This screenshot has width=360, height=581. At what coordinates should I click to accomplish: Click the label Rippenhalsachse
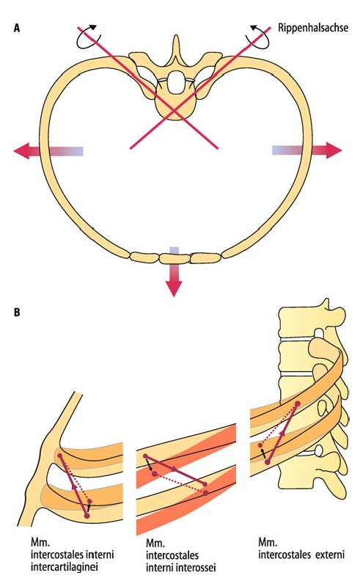(x=313, y=28)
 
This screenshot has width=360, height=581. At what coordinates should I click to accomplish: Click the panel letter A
(x=17, y=28)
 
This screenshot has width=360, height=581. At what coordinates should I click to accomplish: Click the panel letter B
(x=17, y=312)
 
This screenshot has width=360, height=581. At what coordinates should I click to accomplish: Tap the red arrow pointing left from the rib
(x=48, y=151)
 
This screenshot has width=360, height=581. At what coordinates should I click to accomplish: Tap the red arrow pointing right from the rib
(x=307, y=150)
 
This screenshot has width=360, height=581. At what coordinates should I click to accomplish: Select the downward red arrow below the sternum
(x=174, y=271)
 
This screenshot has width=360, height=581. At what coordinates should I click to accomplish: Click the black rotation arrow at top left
(x=88, y=37)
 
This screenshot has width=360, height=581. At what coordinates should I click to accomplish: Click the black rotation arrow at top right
(x=260, y=37)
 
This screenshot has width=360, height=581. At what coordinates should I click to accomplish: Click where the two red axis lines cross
(x=174, y=110)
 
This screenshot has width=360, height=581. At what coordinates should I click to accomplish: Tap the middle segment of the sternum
(x=175, y=258)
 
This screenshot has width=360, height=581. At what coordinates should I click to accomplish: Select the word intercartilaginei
(x=65, y=567)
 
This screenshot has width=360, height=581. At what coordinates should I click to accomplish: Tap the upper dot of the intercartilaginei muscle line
(x=60, y=455)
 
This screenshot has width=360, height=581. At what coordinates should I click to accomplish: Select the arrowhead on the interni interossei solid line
(x=174, y=469)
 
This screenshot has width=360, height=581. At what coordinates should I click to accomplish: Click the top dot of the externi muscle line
(x=298, y=403)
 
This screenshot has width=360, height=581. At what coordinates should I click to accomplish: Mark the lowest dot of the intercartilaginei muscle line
(x=87, y=516)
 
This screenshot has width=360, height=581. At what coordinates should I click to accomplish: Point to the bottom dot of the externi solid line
(x=268, y=462)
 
